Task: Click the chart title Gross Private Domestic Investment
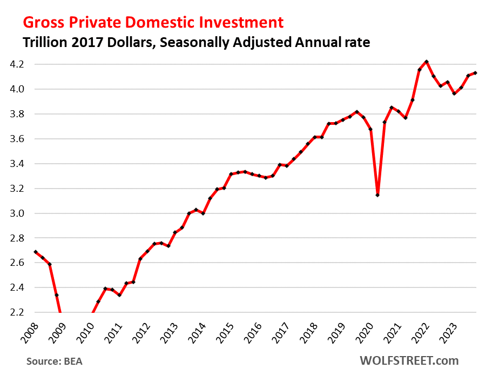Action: point(152,22)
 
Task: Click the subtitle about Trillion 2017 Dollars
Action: point(195,43)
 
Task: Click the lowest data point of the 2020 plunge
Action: point(377,195)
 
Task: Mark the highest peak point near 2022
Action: point(427,62)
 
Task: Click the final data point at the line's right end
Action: point(475,73)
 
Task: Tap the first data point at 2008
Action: point(36,252)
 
